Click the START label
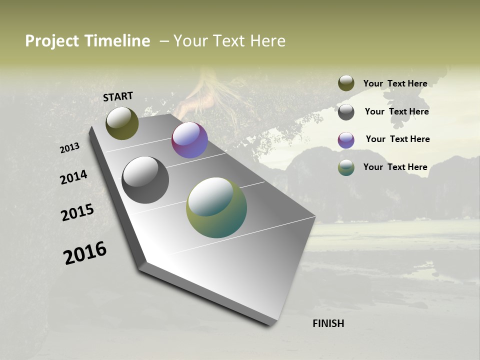coord(118,96)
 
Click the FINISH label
coord(328,323)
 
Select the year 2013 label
coord(70,148)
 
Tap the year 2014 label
coord(73,177)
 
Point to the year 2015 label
coord(77,212)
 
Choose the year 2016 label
coord(85,253)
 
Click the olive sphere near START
coord(122,123)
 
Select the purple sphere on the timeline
coord(189,140)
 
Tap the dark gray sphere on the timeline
coord(145,180)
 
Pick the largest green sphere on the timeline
coord(216,207)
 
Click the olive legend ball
coord(346,83)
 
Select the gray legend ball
coord(346,111)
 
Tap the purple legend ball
coord(346,139)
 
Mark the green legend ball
coord(346,167)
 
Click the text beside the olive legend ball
coord(395,83)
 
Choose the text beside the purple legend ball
coord(397,139)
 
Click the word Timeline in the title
coord(116,41)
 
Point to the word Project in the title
coord(52,41)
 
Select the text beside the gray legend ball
coord(396,111)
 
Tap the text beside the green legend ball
coord(395,167)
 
